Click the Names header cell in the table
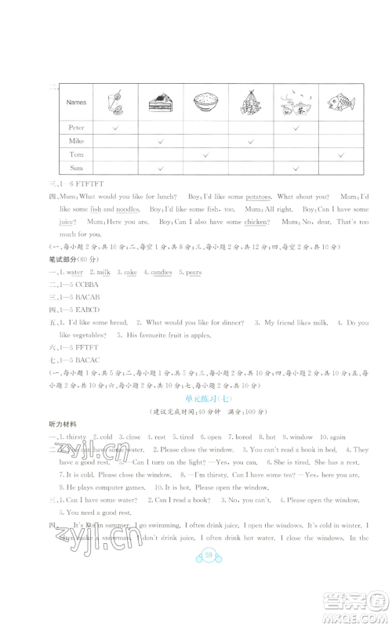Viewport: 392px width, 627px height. (77, 103)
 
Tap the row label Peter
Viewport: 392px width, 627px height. (75, 127)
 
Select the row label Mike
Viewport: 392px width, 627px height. (75, 141)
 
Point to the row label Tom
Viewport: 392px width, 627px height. (75, 155)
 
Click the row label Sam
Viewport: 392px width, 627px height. (75, 169)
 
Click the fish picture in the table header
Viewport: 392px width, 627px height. (339, 102)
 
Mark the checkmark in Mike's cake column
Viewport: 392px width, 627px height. (160, 141)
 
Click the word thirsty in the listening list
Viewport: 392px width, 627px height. (78, 437)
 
